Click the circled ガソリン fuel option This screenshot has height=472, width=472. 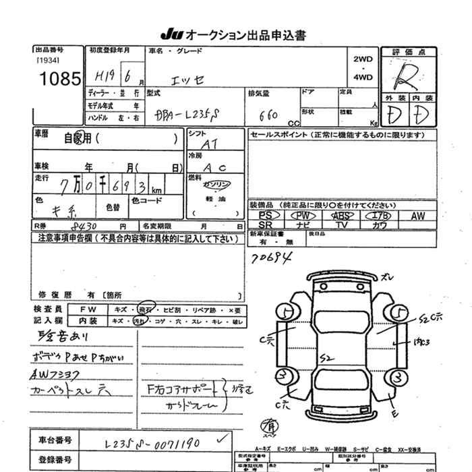point(217,185)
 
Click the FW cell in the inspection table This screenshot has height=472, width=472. point(92,309)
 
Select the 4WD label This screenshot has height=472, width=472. point(363,78)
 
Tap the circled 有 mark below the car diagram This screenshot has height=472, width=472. point(270,426)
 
